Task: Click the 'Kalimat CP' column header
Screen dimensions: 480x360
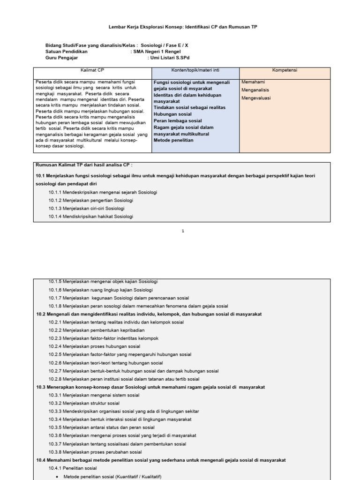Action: coord(92,70)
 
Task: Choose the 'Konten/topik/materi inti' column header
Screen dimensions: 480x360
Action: coord(195,70)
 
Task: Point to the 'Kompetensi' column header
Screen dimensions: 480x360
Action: coord(285,70)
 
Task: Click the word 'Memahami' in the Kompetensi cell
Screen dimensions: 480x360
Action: coord(253,82)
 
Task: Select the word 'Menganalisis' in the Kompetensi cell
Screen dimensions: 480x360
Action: coord(256,90)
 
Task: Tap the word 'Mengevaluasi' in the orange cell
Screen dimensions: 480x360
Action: coord(256,98)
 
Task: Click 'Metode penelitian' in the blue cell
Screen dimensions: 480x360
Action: coord(173,140)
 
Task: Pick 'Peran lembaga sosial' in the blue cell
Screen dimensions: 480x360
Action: coord(178,120)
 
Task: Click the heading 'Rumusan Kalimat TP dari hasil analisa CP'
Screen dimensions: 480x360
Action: coord(84,165)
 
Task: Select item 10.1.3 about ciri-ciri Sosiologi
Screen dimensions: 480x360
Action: coord(87,208)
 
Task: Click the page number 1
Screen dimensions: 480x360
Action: coord(183,231)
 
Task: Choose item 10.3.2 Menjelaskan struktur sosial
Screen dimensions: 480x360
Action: coord(84,403)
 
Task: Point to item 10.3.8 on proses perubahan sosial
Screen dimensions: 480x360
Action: coord(95,452)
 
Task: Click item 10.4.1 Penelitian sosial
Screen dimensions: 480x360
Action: coord(73,468)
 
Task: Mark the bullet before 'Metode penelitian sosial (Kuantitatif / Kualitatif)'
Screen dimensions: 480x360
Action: coord(57,476)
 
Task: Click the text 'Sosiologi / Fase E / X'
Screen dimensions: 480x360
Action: coord(165,45)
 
